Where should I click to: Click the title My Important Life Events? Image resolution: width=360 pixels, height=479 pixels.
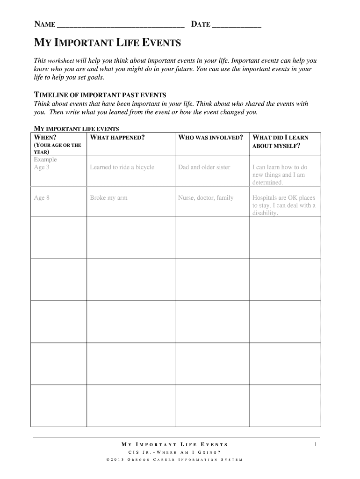pyautogui.click(x=108, y=44)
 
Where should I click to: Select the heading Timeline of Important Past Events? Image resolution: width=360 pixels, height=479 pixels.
pyautogui.click(x=101, y=95)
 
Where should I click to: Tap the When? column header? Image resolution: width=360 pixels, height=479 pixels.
pyautogui.click(x=45, y=138)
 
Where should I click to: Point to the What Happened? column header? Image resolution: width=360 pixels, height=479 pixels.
pyautogui.click(x=117, y=138)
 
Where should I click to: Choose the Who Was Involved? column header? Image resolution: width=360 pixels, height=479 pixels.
pyautogui.click(x=210, y=138)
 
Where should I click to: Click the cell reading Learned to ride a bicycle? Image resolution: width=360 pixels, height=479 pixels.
pyautogui.click(x=122, y=167)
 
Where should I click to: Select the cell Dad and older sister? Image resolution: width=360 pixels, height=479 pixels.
pyautogui.click(x=204, y=167)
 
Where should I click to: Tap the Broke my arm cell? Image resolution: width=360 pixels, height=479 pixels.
pyautogui.click(x=108, y=197)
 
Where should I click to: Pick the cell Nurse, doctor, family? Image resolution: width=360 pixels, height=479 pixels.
pyautogui.click(x=206, y=197)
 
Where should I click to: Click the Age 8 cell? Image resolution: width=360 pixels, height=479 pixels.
pyautogui.click(x=42, y=197)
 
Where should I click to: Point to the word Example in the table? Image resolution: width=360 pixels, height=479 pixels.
pyautogui.click(x=45, y=160)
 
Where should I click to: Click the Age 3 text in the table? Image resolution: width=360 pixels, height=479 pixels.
pyautogui.click(x=42, y=167)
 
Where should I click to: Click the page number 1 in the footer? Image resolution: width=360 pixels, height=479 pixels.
pyautogui.click(x=316, y=444)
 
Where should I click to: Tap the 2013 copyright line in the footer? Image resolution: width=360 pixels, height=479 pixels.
pyautogui.click(x=174, y=460)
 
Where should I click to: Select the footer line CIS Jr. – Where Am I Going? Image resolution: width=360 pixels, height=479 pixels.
pyautogui.click(x=174, y=452)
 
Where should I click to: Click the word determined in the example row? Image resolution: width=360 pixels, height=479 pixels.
pyautogui.click(x=267, y=182)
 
